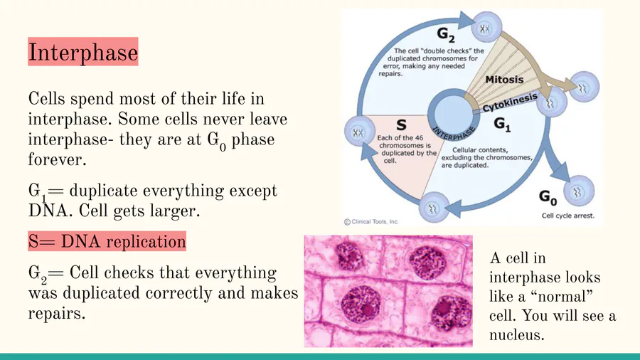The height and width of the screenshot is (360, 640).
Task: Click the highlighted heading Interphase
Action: click(x=83, y=52)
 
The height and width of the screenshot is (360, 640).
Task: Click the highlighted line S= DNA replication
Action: click(x=107, y=241)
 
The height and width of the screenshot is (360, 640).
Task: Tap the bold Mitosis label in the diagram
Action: click(x=504, y=79)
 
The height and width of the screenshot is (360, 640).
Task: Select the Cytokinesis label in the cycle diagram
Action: click(x=510, y=102)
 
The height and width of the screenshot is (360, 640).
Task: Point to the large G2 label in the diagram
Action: click(x=446, y=34)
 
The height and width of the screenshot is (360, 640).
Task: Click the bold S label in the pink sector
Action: click(x=401, y=125)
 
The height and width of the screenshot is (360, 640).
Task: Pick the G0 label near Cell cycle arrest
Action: click(x=548, y=197)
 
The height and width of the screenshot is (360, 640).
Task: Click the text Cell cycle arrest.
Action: click(x=567, y=216)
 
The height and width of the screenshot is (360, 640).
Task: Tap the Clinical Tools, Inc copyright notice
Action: click(x=371, y=222)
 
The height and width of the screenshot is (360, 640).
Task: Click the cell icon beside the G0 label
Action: click(x=579, y=191)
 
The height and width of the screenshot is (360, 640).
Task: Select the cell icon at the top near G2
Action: click(x=486, y=27)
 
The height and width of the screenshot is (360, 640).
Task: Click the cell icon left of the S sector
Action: click(x=360, y=132)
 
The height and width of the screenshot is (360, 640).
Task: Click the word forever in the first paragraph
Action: click(x=57, y=159)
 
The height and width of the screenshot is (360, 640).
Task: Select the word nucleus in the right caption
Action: click(x=517, y=335)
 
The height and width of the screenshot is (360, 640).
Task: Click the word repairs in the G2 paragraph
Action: click(x=57, y=314)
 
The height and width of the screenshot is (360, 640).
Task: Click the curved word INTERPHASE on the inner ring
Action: click(x=454, y=132)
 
